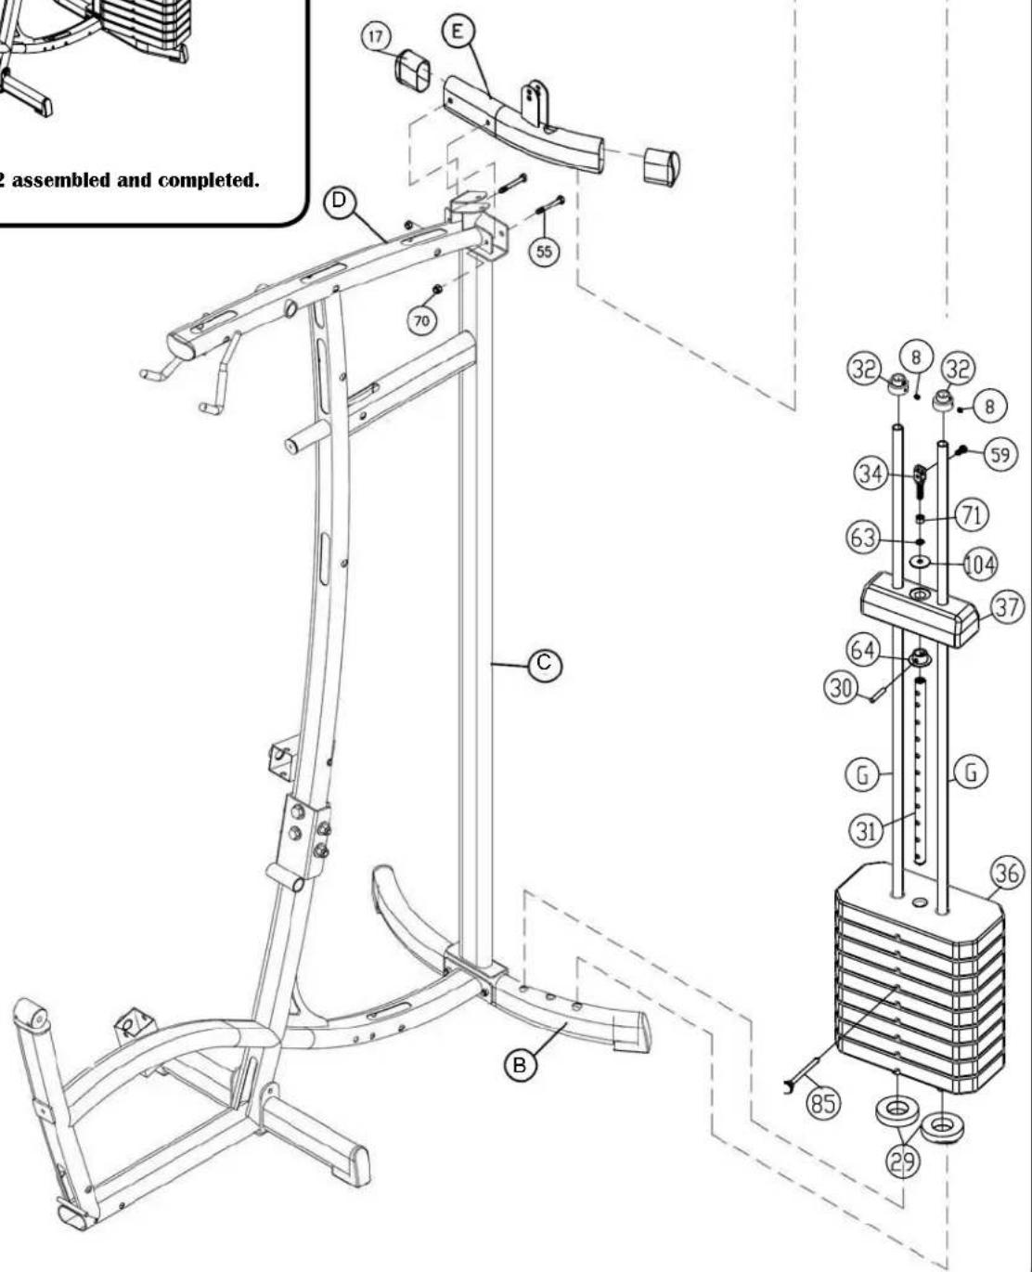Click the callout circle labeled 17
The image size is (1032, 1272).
point(376,37)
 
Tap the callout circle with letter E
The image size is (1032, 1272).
point(458,31)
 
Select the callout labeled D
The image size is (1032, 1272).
point(339,201)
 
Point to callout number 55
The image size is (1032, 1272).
point(545,252)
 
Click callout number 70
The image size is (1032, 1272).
point(422,321)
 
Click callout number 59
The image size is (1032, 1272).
point(1000,455)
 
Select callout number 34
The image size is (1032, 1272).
point(871,474)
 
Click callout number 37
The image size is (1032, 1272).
point(1007,607)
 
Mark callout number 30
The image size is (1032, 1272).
point(841,689)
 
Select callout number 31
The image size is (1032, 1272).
point(866,831)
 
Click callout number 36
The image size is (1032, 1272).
point(1007,873)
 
